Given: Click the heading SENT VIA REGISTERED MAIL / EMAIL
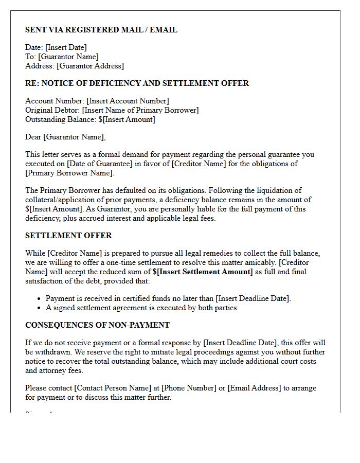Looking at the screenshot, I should (101, 30).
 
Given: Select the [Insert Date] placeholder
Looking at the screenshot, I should (66, 48).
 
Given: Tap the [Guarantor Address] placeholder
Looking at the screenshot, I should (90, 66).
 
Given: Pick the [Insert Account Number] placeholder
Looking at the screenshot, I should (128, 101).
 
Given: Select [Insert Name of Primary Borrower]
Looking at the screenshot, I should (140, 110).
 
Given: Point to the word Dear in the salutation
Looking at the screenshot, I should (33, 137).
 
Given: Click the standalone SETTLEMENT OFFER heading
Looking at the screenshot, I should (68, 236).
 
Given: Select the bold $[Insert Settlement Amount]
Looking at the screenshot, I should (203, 272).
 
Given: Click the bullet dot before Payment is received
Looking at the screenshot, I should (40, 299).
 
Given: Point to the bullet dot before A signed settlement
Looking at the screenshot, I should (40, 308).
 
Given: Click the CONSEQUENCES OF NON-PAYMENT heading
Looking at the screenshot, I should (97, 325).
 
